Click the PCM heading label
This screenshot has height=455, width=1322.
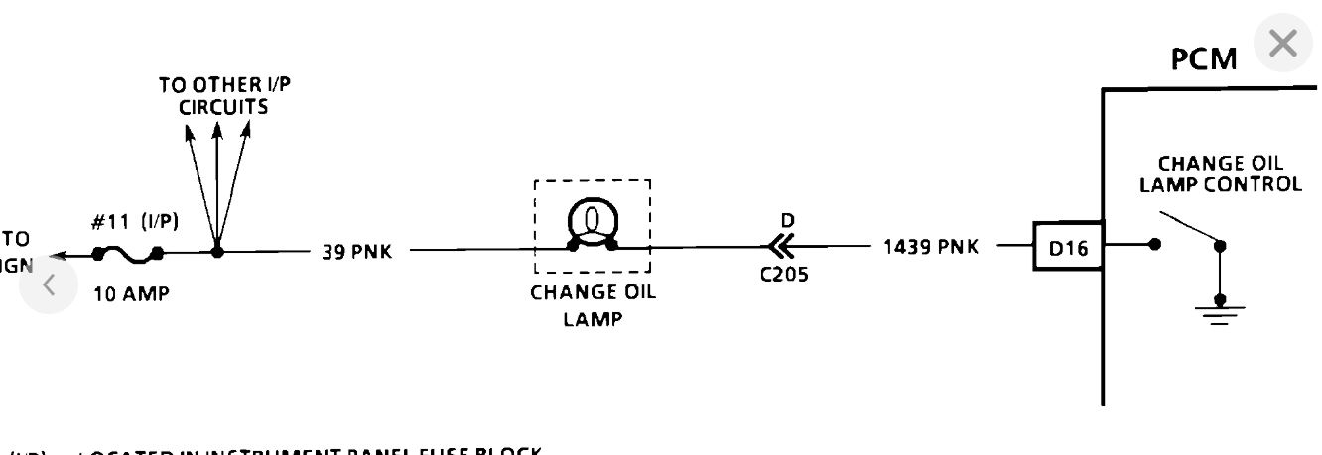(1205, 59)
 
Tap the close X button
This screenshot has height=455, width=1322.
(1283, 45)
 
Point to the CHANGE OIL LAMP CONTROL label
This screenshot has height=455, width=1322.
(1220, 173)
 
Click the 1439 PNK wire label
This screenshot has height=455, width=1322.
(930, 247)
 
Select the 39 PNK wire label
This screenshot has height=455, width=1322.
(355, 252)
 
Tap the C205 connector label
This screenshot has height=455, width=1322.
(783, 276)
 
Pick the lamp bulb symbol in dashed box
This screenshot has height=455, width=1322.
(593, 222)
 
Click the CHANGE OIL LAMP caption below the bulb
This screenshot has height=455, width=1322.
(593, 306)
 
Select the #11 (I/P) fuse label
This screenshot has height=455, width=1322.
(135, 223)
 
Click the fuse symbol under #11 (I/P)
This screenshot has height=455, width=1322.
(128, 255)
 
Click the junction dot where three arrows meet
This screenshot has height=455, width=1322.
(217, 252)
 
